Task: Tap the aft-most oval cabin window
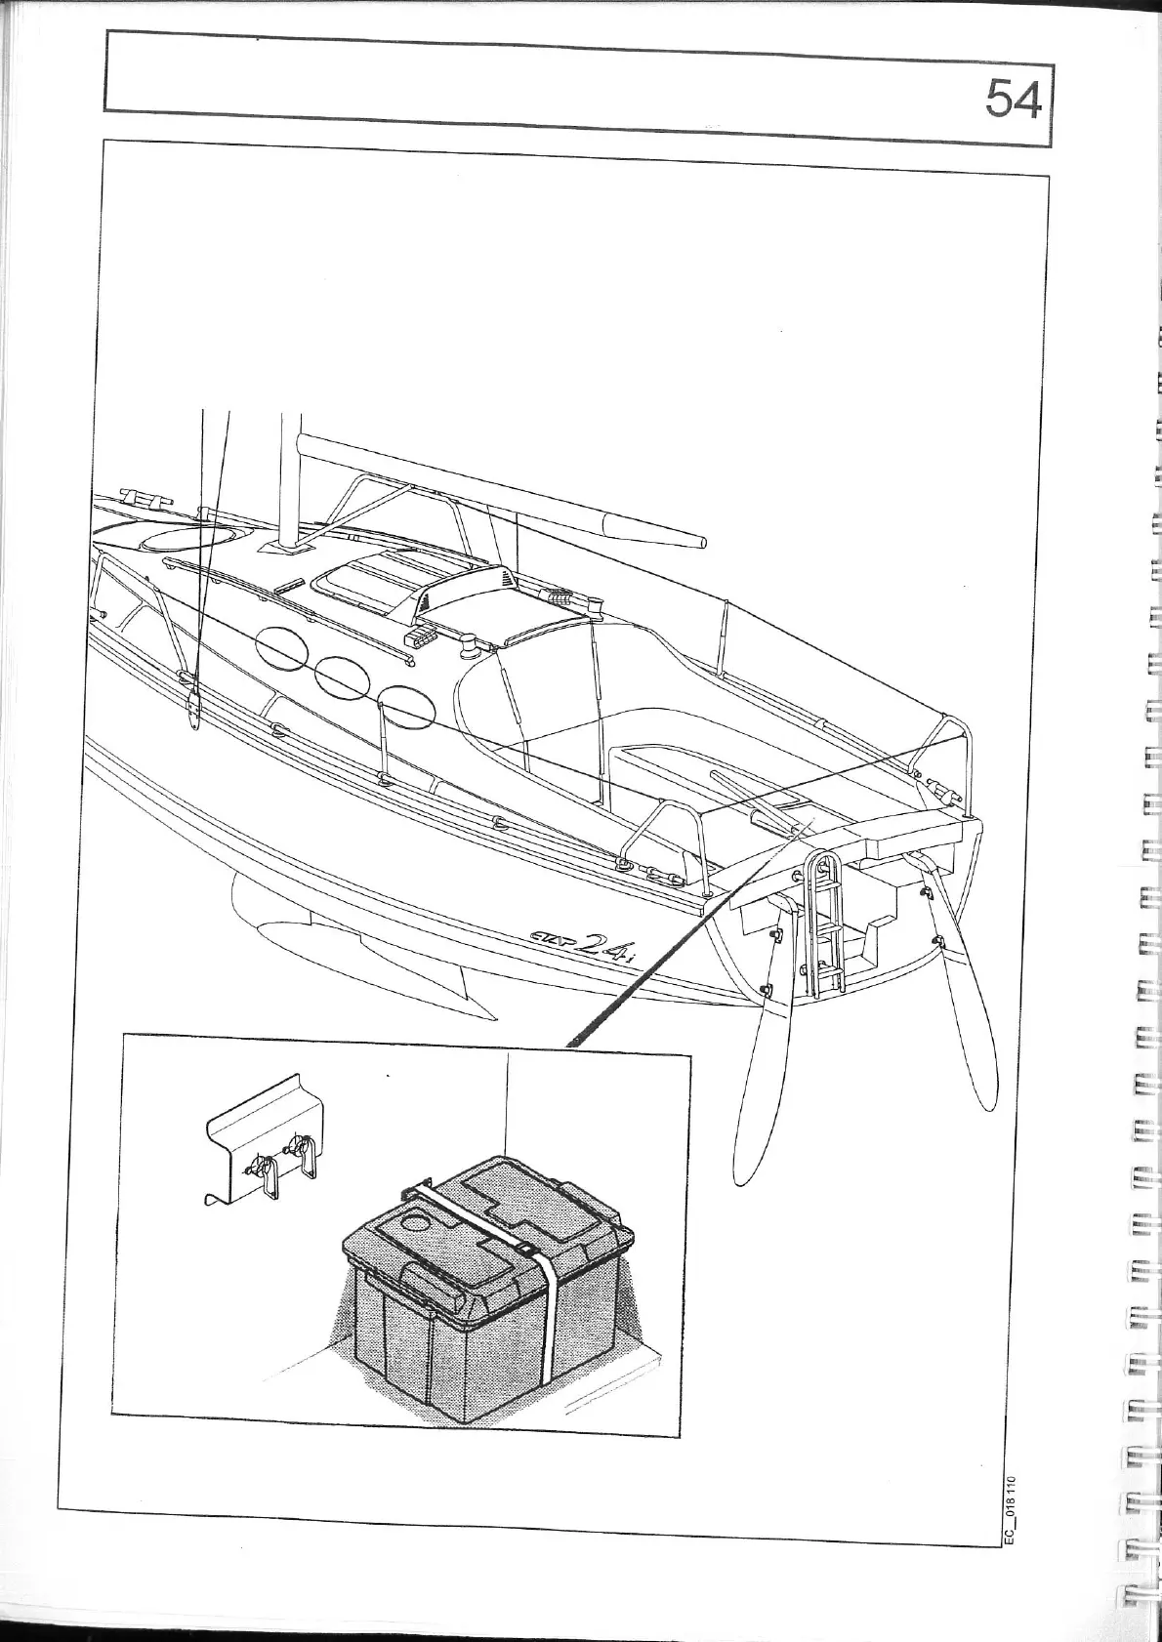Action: [405, 707]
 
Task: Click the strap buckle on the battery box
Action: [524, 1250]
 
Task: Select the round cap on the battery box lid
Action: [419, 1221]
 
